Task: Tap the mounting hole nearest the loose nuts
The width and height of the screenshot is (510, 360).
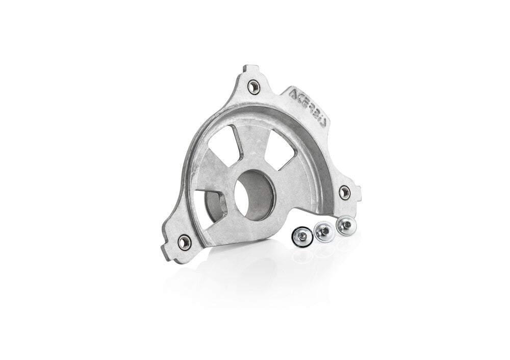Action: pyautogui.click(x=345, y=191)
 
